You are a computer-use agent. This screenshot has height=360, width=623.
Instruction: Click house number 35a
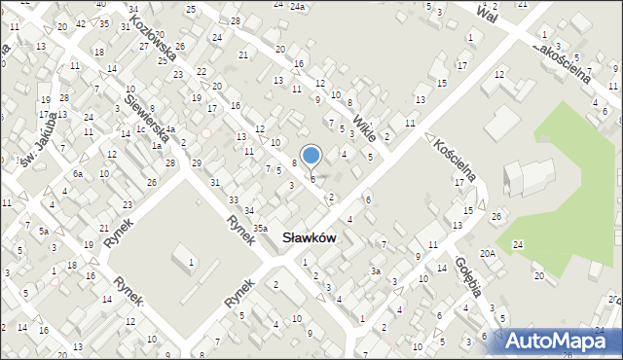[260, 228]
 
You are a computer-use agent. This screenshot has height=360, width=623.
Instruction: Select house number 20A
[487, 253]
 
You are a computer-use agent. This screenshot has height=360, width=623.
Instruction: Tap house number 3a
[375, 271]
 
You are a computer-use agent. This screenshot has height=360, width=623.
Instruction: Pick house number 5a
[44, 232]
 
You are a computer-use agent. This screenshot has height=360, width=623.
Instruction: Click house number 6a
[78, 173]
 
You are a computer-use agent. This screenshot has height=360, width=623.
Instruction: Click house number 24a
[296, 6]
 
